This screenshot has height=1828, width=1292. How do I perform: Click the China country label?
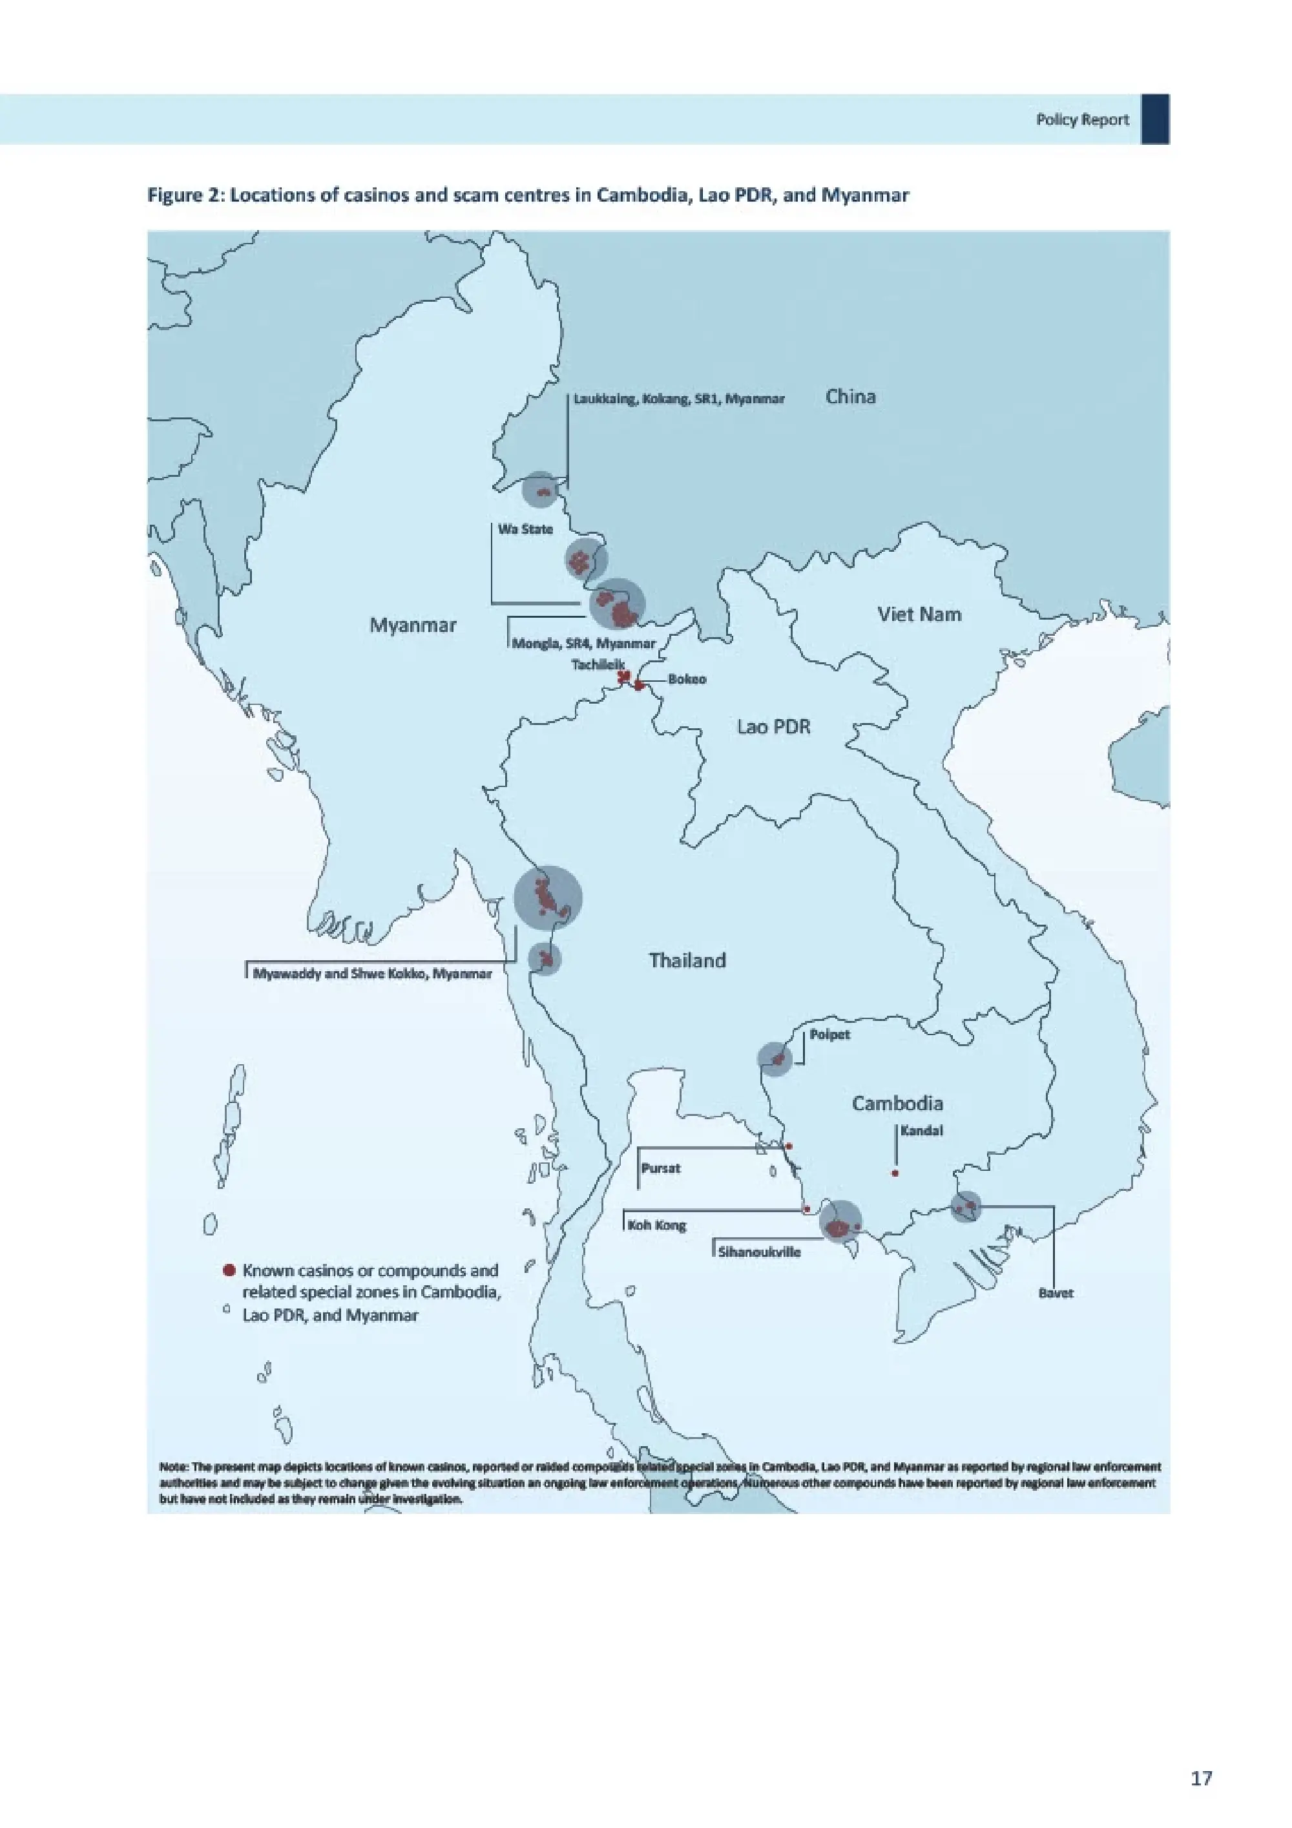click(x=850, y=397)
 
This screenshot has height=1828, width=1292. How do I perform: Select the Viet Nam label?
click(x=919, y=614)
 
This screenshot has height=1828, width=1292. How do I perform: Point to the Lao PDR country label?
click(x=773, y=726)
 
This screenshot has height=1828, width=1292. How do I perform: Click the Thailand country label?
click(x=687, y=960)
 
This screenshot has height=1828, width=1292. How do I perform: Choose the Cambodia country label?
click(x=897, y=1103)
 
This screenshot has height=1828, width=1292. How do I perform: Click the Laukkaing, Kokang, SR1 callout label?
click(x=679, y=399)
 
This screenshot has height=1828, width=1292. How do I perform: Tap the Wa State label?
click(x=525, y=529)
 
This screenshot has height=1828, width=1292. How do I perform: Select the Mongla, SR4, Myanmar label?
click(x=583, y=644)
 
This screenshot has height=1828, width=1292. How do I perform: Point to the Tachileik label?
click(x=598, y=664)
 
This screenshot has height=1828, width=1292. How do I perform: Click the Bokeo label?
click(x=686, y=679)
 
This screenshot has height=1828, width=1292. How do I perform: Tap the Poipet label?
click(x=829, y=1035)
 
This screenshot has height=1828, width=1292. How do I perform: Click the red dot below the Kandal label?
click(x=895, y=1173)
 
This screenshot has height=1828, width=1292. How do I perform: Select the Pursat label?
click(x=661, y=1168)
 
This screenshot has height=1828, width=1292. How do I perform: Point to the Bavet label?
click(x=1056, y=1293)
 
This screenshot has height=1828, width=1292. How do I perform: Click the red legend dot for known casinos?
click(x=229, y=1270)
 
